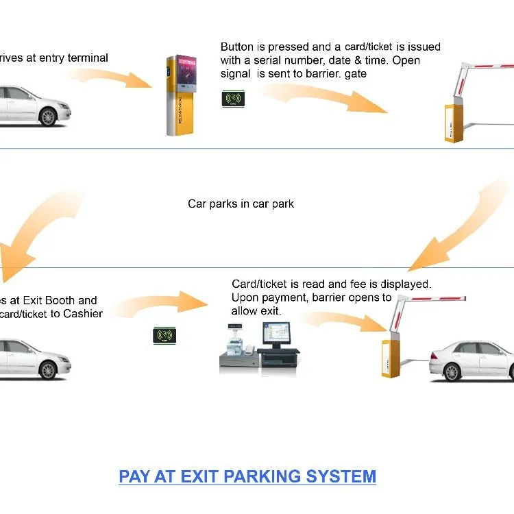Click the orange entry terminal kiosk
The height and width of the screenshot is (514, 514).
(x=180, y=95)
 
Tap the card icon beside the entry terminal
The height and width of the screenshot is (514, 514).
(x=234, y=99)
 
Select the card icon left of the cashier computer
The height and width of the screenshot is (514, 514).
(x=164, y=335)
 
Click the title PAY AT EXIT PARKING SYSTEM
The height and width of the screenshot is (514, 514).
(x=247, y=476)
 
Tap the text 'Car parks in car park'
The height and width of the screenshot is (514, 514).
(x=241, y=204)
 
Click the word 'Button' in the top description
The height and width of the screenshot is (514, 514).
(x=237, y=47)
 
